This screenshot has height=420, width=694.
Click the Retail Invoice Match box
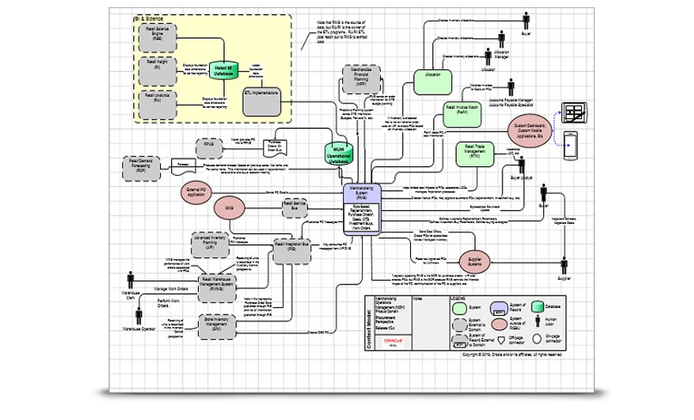(463, 112)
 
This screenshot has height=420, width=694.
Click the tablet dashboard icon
(575, 113)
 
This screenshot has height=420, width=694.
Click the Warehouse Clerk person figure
(130, 283)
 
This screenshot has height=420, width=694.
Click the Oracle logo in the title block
(392, 342)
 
